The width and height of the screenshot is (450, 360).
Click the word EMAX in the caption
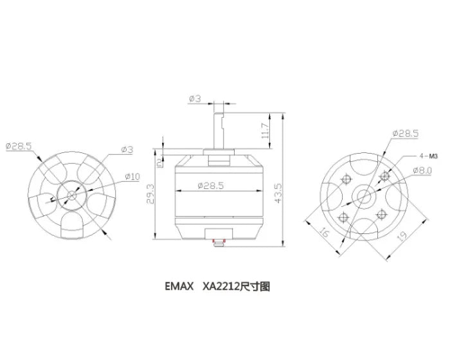(179, 287)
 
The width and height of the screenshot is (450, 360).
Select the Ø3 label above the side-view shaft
(195, 99)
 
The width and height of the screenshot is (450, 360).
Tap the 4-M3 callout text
(428, 156)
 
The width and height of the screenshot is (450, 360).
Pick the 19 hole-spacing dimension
(402, 239)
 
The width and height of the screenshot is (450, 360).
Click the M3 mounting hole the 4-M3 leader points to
(384, 175)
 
